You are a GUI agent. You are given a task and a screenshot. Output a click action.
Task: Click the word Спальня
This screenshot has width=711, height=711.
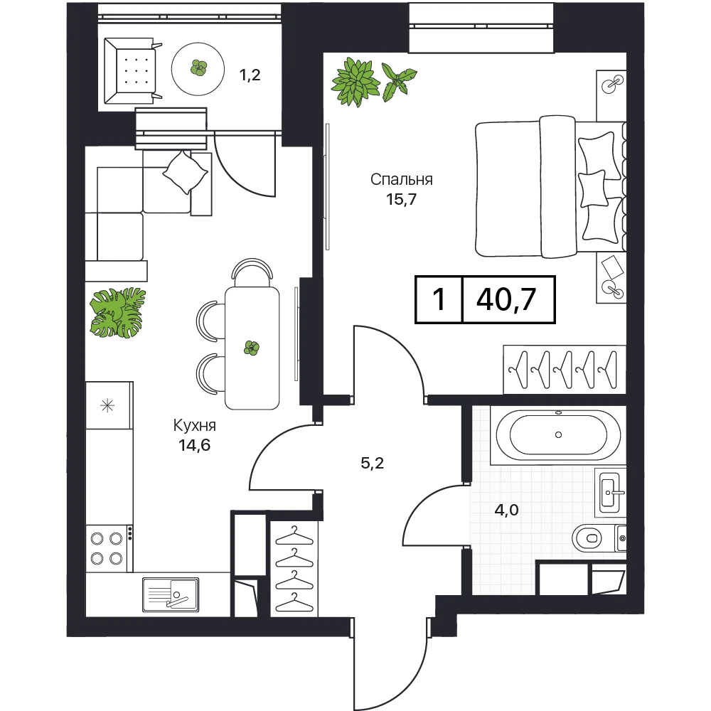401,180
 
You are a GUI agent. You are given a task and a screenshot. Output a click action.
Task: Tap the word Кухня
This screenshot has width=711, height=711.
195,426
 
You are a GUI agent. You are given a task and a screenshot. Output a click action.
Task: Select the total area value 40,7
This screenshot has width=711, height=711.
506,299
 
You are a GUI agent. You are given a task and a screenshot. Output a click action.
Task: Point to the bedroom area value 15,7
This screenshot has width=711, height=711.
401,200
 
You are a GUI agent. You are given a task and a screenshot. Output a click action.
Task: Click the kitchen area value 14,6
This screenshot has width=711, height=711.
195,445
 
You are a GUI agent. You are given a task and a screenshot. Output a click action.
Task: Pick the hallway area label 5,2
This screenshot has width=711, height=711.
373,463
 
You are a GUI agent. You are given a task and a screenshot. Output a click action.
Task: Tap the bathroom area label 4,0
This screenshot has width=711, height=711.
506,510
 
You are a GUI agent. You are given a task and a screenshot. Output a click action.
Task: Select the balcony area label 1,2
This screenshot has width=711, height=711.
250,75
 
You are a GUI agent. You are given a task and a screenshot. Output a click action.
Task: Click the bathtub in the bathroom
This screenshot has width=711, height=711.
558,435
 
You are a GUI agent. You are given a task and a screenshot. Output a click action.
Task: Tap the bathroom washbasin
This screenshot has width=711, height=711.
610,492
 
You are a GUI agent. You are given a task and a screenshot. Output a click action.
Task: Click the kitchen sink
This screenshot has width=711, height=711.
171,594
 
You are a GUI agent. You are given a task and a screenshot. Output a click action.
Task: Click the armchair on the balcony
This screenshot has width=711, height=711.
132,70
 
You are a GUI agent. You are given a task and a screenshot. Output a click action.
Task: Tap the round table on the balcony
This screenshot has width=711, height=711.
198,69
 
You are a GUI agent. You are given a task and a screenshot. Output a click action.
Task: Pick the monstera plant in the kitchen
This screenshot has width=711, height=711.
118,314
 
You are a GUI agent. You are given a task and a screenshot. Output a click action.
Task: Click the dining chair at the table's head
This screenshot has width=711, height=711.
252,271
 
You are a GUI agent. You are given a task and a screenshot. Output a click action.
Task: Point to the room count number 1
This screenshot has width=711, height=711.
439,299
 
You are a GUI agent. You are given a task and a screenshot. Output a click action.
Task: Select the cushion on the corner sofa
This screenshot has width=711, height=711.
185,172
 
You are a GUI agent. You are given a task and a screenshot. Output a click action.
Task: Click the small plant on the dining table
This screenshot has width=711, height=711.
252,348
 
